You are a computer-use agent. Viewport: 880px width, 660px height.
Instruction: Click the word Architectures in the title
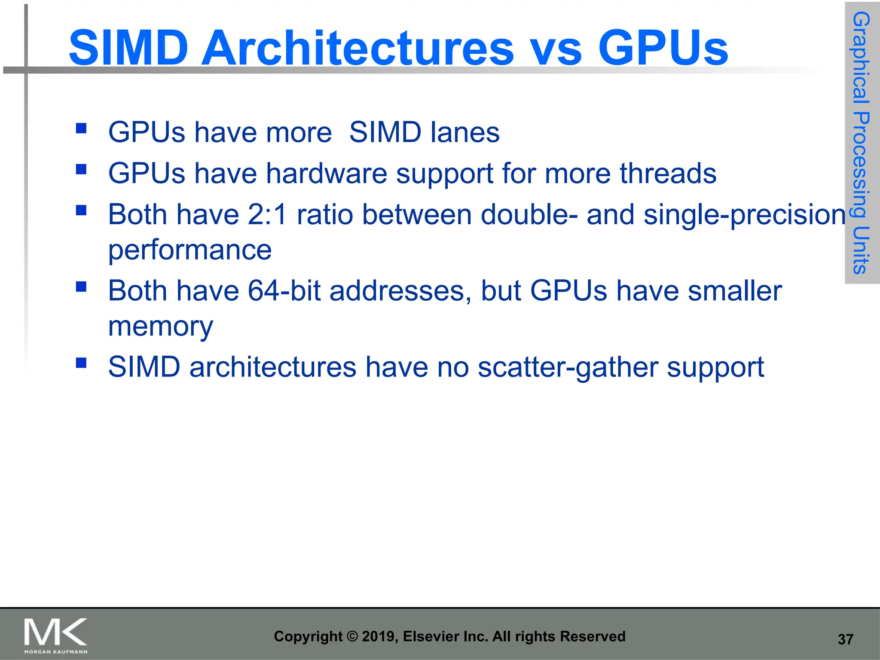pos(357,48)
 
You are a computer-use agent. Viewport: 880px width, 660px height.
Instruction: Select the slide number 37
pos(845,639)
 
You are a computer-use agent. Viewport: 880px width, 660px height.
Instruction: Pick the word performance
pos(189,250)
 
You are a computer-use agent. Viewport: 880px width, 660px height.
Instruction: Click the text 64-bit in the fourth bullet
pos(284,291)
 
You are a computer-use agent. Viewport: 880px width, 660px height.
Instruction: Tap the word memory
pos(160,327)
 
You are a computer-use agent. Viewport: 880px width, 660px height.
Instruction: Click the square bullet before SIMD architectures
pos(81,363)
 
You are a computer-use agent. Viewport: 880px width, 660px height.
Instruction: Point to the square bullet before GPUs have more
pos(81,128)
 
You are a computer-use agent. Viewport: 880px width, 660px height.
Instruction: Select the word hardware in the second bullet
pos(327,174)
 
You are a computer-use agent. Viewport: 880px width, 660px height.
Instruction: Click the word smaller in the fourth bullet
pos(734,291)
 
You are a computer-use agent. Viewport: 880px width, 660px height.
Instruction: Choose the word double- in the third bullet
pos(529,215)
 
